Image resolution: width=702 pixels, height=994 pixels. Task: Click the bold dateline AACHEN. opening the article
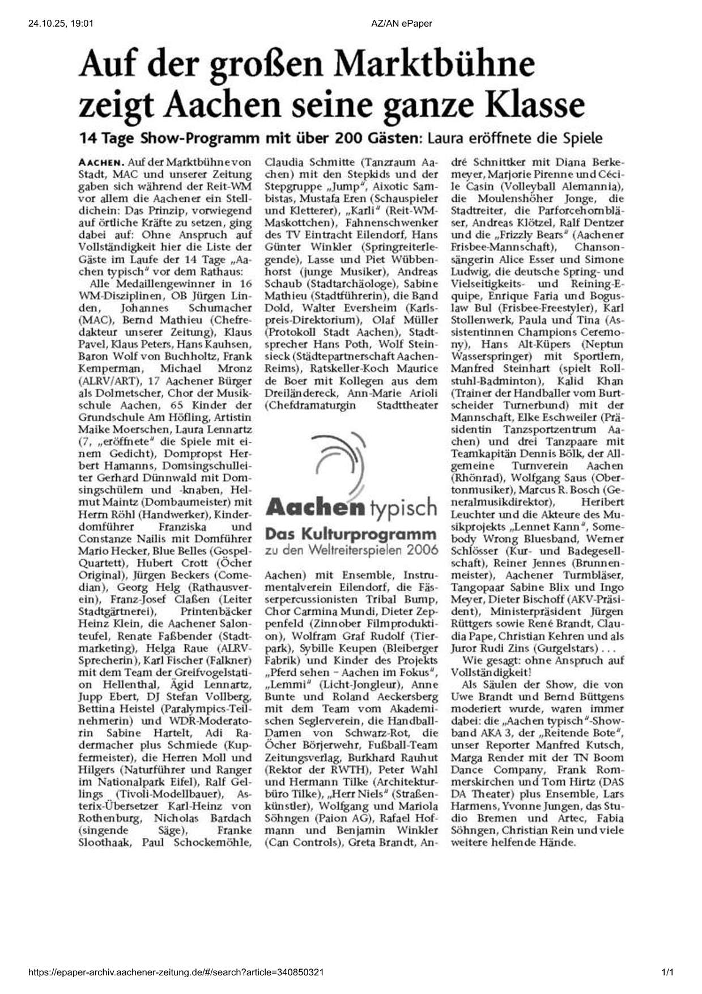(101, 163)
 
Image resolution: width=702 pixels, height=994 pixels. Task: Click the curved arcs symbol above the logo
(342, 460)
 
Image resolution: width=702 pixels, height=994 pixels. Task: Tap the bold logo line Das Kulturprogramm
(351, 534)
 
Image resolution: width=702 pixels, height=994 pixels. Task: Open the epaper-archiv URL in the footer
(176, 972)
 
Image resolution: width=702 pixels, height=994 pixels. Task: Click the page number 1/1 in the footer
(667, 972)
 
